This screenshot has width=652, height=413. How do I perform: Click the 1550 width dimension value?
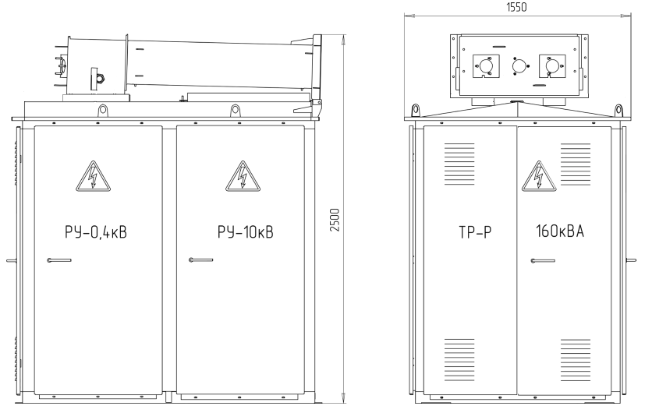pos(516,7)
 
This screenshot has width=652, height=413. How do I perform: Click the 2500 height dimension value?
pos(335,220)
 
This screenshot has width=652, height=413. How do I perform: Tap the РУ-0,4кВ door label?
pos(96,232)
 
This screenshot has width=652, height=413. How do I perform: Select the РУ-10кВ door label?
pos(246,232)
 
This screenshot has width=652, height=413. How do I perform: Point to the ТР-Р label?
pos(475,232)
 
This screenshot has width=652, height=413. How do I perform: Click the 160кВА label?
pos(560,231)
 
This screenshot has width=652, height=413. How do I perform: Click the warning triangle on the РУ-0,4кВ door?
pos(93,176)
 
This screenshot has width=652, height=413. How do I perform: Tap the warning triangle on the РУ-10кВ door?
pos(243,176)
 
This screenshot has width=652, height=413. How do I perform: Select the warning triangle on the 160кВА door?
pos(539,176)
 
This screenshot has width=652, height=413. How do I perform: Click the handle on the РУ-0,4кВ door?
pos(59,260)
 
